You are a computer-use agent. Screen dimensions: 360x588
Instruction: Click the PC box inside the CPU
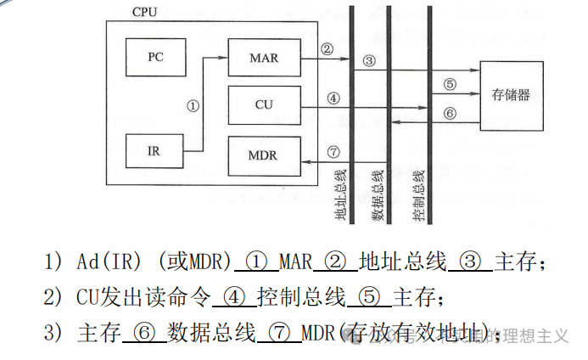154,57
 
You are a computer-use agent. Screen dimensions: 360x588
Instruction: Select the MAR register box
264,58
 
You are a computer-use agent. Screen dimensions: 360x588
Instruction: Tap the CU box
264,104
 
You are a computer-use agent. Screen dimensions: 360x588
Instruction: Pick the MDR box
264,155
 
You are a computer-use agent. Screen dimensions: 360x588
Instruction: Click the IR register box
154,151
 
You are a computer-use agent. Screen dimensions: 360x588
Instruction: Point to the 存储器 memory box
511,95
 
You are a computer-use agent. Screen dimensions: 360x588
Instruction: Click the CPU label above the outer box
147,13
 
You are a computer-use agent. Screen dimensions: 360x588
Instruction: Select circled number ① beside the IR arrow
193,106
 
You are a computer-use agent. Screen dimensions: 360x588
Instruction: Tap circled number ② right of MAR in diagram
327,48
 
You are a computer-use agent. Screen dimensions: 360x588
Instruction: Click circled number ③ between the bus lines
368,60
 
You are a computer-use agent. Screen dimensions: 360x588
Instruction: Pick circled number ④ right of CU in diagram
333,98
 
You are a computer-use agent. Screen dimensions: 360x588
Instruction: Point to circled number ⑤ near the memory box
451,84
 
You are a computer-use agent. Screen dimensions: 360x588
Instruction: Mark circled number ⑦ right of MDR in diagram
333,151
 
